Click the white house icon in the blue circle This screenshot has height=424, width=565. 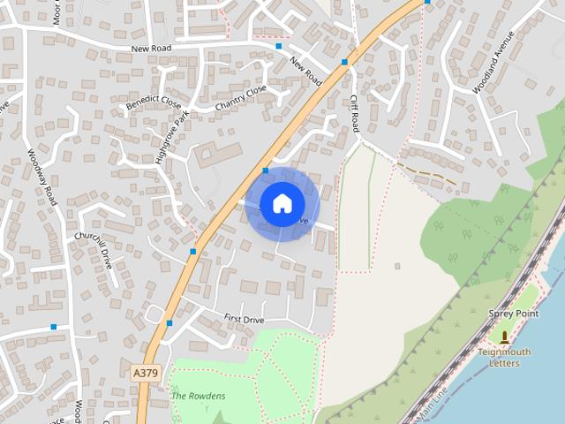[282, 203]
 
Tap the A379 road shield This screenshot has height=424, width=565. [146, 374]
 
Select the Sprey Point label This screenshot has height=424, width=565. [514, 314]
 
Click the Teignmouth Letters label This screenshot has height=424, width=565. [505, 357]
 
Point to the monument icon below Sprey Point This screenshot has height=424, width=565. [505, 337]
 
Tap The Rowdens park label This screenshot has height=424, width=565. [198, 396]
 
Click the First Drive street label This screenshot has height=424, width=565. [245, 317]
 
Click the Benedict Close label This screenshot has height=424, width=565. [153, 103]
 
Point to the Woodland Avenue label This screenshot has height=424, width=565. [493, 63]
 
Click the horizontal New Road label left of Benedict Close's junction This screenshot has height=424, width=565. [148, 48]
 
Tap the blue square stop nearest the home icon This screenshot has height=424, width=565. [265, 170]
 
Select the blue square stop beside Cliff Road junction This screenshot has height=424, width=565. [344, 62]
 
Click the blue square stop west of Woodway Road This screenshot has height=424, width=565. [53, 327]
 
